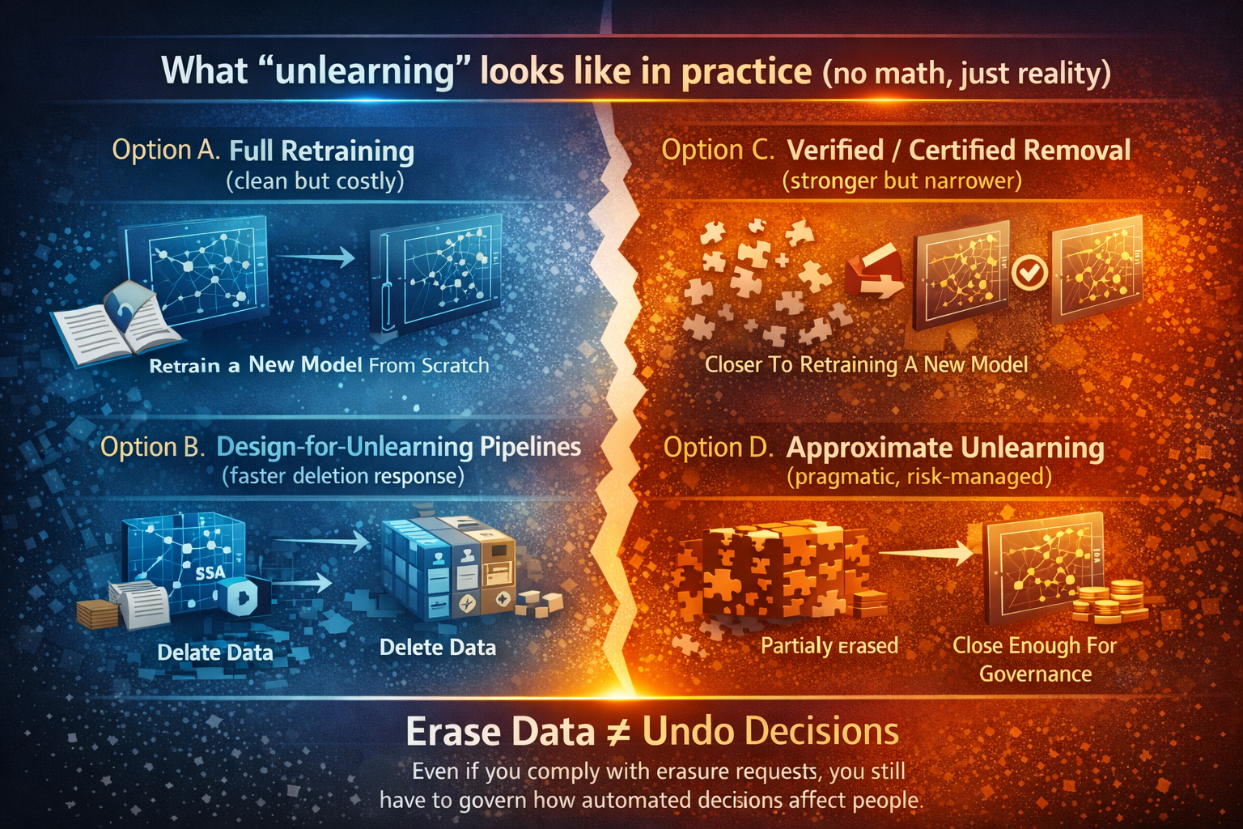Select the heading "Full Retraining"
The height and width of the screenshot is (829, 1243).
(x=321, y=151)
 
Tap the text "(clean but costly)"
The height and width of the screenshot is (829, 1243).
(x=315, y=181)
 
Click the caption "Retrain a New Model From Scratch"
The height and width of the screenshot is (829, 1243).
(x=319, y=365)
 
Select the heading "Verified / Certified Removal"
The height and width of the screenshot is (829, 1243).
(x=958, y=150)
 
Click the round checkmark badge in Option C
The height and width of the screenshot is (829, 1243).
(x=1029, y=273)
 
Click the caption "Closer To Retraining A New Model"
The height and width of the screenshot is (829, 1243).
(x=866, y=364)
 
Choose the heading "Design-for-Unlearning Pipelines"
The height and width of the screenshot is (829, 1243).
(x=398, y=447)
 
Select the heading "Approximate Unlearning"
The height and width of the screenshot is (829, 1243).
(x=944, y=448)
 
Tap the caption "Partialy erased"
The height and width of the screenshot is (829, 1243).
(x=829, y=645)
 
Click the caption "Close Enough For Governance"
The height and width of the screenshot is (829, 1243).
(x=1034, y=659)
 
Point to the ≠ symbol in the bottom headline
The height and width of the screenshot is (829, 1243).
(x=618, y=732)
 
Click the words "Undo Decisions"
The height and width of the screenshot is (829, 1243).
(x=770, y=732)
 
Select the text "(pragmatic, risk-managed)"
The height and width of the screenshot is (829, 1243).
(x=918, y=476)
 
